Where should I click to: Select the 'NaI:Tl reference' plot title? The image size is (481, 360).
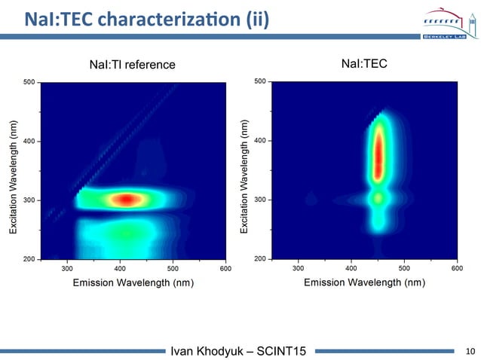pos(132,65)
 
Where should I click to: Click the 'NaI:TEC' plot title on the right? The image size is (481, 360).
pos(364,64)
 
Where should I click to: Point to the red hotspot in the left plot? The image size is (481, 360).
pos(126,200)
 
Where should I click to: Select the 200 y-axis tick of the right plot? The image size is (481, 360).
pos(259,259)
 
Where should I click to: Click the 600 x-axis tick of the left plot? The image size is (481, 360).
pos(225,267)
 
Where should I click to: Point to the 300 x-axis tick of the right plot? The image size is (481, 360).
pos(299,267)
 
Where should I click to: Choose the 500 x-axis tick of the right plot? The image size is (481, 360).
pos(404,267)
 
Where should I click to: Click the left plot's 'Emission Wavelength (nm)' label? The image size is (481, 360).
pos(133,282)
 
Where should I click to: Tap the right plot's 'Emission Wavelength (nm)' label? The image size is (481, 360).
pos(364,282)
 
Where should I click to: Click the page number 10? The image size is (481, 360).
pos(471,350)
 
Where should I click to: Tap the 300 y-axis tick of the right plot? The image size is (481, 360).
pos(259,200)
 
